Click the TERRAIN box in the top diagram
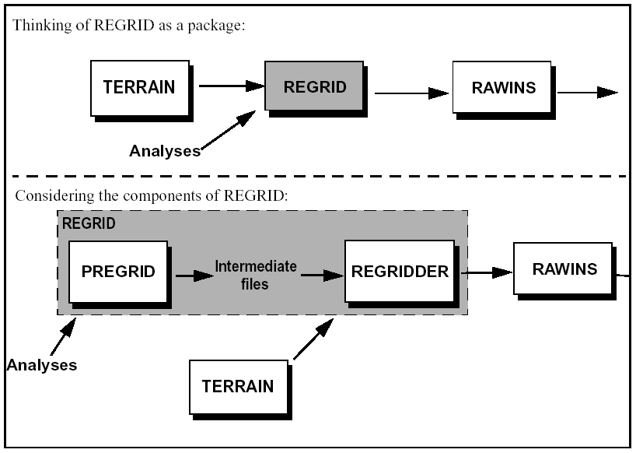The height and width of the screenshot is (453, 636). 139,86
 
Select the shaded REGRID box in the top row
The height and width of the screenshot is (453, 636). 315,86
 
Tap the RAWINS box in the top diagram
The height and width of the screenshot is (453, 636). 503,87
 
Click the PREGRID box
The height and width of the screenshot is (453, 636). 118,272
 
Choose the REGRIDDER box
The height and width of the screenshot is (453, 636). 400,272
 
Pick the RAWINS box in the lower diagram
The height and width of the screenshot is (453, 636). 564,269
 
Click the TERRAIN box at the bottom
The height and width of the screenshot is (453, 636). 237,385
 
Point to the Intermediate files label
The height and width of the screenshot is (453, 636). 255,275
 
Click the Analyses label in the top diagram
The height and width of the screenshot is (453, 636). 165,151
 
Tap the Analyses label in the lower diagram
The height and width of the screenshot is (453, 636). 42,364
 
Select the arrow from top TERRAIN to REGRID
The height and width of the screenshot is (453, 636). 231,86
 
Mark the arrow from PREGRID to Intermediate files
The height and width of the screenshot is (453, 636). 194,275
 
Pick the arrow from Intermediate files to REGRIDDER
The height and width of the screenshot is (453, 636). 322,275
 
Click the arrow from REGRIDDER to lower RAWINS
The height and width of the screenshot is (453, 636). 487,272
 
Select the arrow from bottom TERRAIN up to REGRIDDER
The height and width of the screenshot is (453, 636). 313,342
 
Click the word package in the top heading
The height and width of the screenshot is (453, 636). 219,26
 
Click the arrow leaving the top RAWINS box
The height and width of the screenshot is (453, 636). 588,92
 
